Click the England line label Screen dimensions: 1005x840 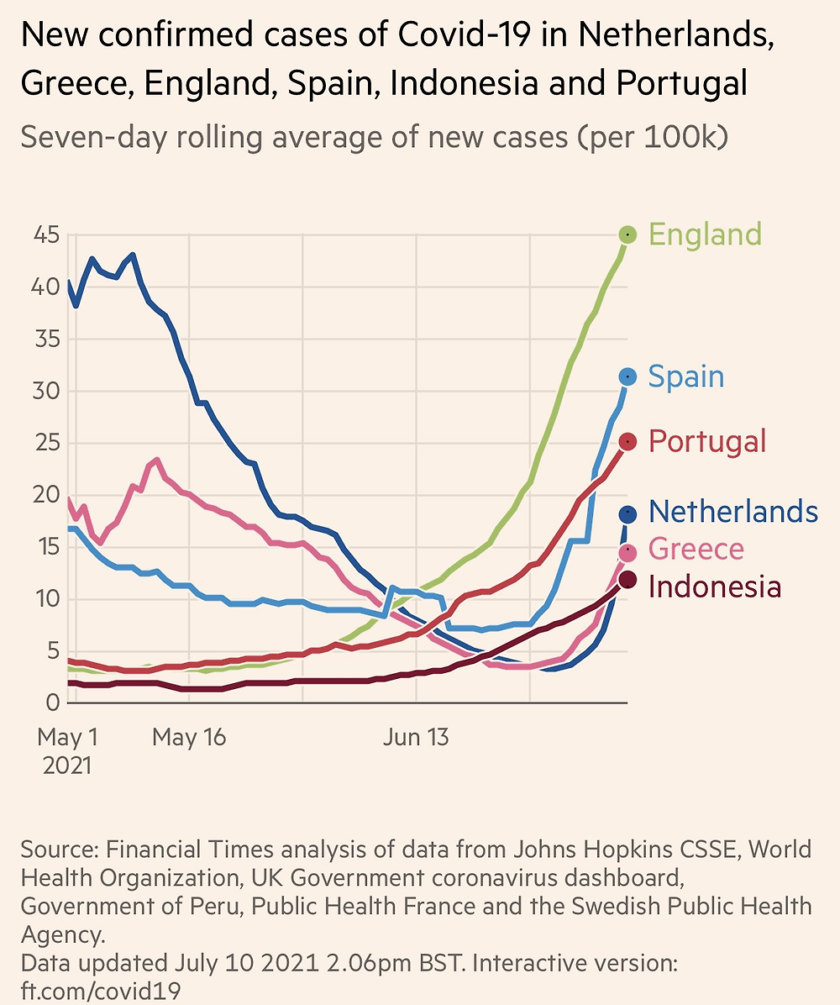[x=706, y=234]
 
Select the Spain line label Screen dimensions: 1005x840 [x=686, y=376]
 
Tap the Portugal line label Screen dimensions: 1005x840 [x=707, y=441]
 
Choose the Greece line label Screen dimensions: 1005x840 [x=696, y=550]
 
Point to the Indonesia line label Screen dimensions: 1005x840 [x=715, y=586]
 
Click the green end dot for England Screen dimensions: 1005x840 [x=628, y=234]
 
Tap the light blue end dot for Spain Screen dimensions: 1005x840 [x=627, y=376]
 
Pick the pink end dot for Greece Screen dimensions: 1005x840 [x=627, y=552]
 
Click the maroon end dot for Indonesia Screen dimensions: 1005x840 [x=627, y=580]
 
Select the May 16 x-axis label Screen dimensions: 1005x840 [x=189, y=739]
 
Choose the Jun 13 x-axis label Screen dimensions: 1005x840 [x=415, y=739]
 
